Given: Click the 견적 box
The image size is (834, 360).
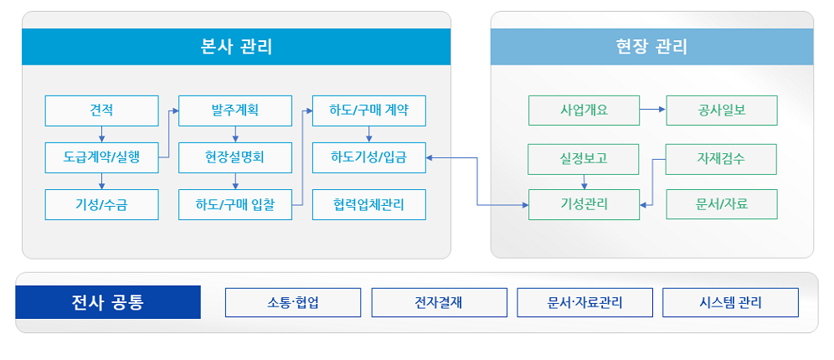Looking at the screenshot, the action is (x=101, y=111).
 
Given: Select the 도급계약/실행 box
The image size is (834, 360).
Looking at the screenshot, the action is (x=101, y=157).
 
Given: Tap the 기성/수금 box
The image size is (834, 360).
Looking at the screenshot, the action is (x=101, y=204).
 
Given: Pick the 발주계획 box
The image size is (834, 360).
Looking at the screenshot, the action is (x=235, y=111).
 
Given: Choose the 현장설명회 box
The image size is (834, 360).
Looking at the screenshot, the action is (x=235, y=157).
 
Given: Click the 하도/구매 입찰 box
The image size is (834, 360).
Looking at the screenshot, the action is (x=235, y=204).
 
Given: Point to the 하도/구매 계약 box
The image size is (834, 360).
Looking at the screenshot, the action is (x=369, y=111).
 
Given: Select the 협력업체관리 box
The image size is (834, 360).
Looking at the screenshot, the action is (x=369, y=204).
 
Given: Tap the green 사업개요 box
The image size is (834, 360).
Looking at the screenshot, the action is (x=584, y=110).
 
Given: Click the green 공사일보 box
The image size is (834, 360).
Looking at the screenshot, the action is (x=722, y=110).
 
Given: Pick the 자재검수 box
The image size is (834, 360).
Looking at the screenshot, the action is (x=721, y=159).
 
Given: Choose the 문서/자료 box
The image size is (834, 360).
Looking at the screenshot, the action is (x=722, y=204).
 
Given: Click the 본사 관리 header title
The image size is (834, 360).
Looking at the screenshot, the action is (x=236, y=47).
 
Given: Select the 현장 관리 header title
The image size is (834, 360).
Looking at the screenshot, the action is (x=651, y=47).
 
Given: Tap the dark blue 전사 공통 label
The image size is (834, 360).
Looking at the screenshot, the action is (x=108, y=302).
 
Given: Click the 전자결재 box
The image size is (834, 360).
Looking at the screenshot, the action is (x=440, y=302).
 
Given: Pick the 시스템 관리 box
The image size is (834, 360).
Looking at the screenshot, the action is (x=730, y=302).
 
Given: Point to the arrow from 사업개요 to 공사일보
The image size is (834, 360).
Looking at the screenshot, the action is (x=653, y=110).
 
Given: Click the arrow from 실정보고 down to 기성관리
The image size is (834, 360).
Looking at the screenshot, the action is (x=584, y=182).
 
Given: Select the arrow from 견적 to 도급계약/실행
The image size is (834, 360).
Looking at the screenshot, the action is (x=101, y=135).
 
